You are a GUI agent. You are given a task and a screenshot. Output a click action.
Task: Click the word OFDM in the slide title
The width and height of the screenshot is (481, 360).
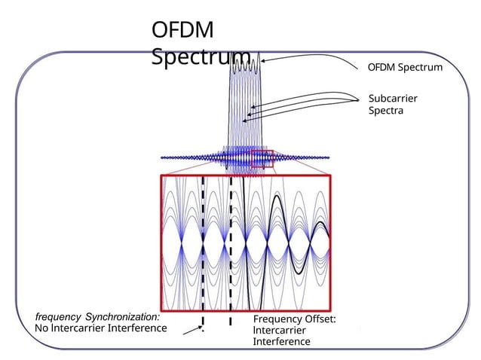(182, 31)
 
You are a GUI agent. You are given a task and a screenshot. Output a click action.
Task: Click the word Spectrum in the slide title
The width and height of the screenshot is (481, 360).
(201, 57)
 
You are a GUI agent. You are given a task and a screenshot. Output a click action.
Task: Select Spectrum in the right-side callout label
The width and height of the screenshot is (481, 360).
(421, 68)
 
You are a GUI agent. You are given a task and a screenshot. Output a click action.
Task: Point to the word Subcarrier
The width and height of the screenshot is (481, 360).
(393, 99)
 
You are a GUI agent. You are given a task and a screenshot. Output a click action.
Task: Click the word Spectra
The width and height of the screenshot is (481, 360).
(386, 111)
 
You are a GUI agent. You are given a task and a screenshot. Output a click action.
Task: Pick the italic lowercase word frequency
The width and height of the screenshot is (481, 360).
(58, 316)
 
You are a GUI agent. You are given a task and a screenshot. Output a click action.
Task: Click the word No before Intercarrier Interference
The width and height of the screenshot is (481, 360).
(42, 328)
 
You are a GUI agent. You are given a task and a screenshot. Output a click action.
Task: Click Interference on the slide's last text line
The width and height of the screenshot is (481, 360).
(281, 342)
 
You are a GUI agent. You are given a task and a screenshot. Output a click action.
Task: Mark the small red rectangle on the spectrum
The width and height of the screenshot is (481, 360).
(262, 158)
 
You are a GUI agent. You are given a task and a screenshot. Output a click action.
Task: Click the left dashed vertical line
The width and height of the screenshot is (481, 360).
(203, 249)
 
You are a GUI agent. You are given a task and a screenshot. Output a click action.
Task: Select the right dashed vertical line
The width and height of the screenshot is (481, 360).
(230, 249)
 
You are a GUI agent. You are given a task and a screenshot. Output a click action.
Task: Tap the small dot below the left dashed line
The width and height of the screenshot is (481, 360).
(201, 328)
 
